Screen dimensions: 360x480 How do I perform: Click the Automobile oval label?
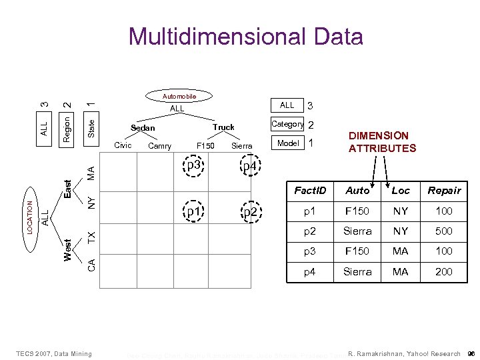pyautogui.click(x=179, y=96)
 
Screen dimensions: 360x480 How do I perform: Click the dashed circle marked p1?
pyautogui.click(x=194, y=212)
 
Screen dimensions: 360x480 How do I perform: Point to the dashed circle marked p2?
pyautogui.click(x=250, y=212)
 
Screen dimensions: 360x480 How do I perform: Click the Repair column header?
pyautogui.click(x=444, y=191)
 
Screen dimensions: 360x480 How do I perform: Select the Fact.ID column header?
pyautogui.click(x=310, y=191)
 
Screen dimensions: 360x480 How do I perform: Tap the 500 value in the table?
pyautogui.click(x=444, y=231)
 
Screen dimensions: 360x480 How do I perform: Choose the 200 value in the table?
pyautogui.click(x=444, y=271)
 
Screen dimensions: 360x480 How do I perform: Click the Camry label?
pyautogui.click(x=159, y=146)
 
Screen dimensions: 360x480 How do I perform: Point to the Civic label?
pyautogui.click(x=123, y=145)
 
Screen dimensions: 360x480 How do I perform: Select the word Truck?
pyautogui.click(x=224, y=127)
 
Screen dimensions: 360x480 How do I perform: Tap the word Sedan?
pyautogui.click(x=143, y=128)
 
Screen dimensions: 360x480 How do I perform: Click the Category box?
pyautogui.click(x=287, y=124)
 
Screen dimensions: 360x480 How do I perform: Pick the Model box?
pyautogui.click(x=287, y=143)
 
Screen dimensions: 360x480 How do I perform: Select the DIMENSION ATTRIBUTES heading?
pyautogui.click(x=382, y=142)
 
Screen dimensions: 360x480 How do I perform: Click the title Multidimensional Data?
pyautogui.click(x=246, y=36)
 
